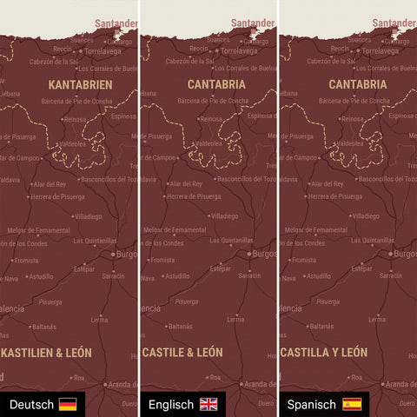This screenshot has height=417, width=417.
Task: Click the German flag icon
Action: pos(68,405)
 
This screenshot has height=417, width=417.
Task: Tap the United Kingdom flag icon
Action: pos(209,405)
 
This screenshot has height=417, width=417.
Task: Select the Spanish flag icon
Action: pos(352,405)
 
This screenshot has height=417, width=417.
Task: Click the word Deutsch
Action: pos(31,405)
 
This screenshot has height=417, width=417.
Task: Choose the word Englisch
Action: pos(171,405)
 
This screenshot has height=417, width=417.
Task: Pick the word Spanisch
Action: pos(312,405)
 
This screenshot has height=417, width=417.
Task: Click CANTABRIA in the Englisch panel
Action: pos(216,85)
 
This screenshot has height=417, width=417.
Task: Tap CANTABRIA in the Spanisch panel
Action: pos(358,85)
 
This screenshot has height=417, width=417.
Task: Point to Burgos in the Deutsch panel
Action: pos(125,255)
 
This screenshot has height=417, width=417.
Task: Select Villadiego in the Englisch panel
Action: pos(224,216)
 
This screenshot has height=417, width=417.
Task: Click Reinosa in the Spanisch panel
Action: pos(351,119)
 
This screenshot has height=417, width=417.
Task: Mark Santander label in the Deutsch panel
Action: pos(117,23)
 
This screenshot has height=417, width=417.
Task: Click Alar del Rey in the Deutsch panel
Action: pos(49,184)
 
